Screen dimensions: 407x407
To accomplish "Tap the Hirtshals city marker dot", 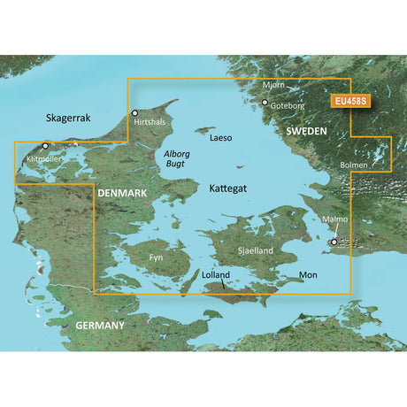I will click(x=134, y=113).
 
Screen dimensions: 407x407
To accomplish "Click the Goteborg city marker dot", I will click(x=264, y=104).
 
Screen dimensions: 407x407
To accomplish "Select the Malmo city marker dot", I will click(x=334, y=242).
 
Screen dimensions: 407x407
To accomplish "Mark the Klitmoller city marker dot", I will click(x=45, y=145).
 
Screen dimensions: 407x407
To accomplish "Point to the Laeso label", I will click(x=221, y=139).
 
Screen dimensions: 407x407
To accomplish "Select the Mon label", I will click(x=308, y=275).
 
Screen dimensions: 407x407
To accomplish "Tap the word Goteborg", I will click(x=288, y=104).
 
